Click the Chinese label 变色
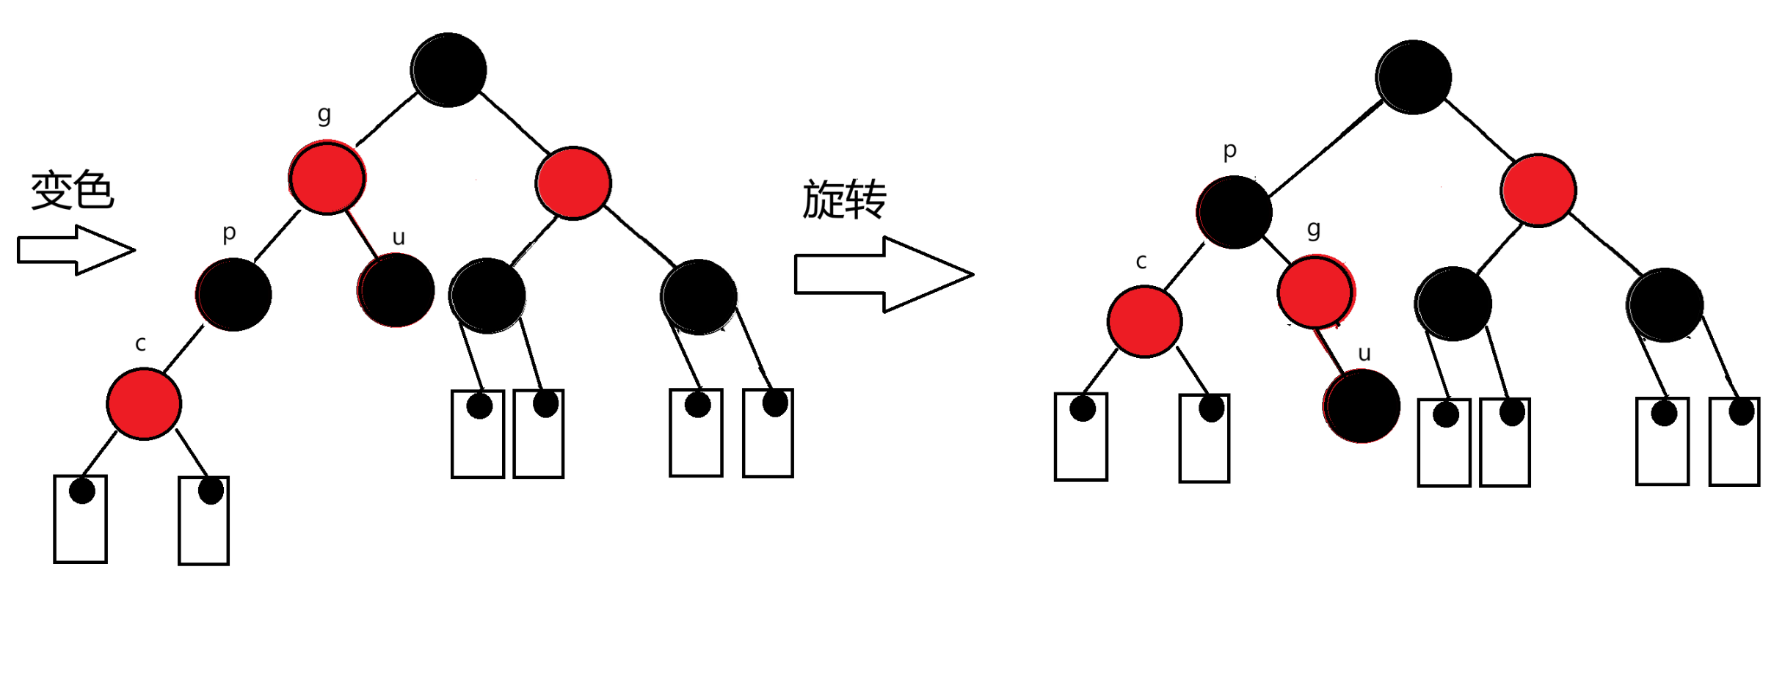click(x=72, y=191)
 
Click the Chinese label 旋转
click(x=844, y=199)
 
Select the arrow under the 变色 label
click(x=76, y=250)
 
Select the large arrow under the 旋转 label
click(x=884, y=274)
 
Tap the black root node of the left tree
click(x=448, y=70)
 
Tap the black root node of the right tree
click(x=1414, y=77)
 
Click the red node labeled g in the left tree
click(x=327, y=177)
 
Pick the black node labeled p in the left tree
click(x=234, y=294)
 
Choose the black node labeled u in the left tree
click(x=397, y=290)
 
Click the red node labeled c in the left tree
click(x=144, y=403)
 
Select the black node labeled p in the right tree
click(x=1235, y=212)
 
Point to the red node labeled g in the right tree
click(x=1315, y=291)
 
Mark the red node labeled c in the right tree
click(x=1145, y=321)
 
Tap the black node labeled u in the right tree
click(x=1362, y=406)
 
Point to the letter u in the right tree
click(x=1364, y=354)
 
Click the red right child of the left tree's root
click(x=573, y=183)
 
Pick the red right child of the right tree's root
click(x=1538, y=190)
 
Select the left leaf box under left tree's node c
click(x=81, y=519)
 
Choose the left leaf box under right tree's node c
click(x=1081, y=437)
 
